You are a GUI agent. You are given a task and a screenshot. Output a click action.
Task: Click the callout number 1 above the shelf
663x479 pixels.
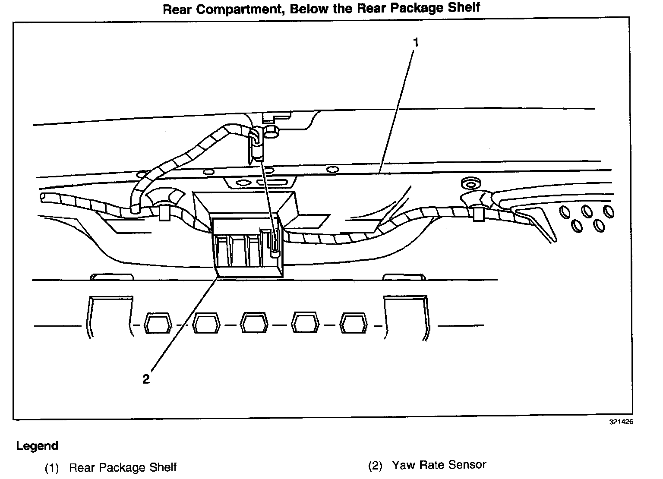coord(415,42)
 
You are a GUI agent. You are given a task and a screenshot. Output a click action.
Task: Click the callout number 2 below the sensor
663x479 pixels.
coord(146,379)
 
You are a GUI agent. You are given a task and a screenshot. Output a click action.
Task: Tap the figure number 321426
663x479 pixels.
coord(621,422)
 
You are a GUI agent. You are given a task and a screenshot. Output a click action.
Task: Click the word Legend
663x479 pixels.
coord(37,446)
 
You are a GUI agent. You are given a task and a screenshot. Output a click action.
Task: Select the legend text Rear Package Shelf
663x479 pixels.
coord(123,467)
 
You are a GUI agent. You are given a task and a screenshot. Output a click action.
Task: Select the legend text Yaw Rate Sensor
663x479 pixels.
coord(439,465)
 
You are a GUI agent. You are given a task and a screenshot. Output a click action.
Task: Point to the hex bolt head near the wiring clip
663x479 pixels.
coord(271,132)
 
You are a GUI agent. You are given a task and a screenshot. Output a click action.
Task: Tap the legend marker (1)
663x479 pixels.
coord(51,468)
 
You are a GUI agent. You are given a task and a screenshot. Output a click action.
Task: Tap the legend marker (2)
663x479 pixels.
coord(375,466)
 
